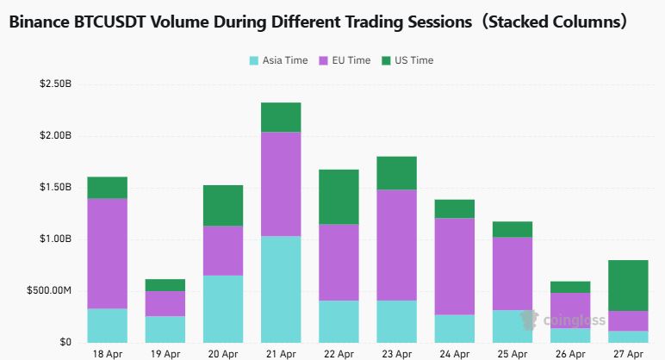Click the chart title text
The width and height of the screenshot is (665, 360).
317,23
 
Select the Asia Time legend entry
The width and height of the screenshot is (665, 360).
279,60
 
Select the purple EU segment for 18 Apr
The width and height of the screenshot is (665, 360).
107,253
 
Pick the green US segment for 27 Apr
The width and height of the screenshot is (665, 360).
627,285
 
